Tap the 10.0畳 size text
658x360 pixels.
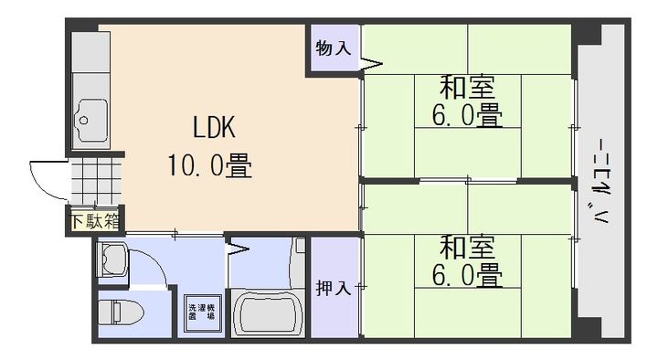[x=209, y=165]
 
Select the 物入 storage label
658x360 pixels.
[x=333, y=48]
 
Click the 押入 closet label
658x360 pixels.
[x=333, y=289]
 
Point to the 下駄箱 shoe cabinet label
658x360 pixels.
[x=96, y=220]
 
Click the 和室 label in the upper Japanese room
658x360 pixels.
[x=467, y=89]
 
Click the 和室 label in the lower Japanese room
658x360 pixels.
[x=467, y=246]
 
